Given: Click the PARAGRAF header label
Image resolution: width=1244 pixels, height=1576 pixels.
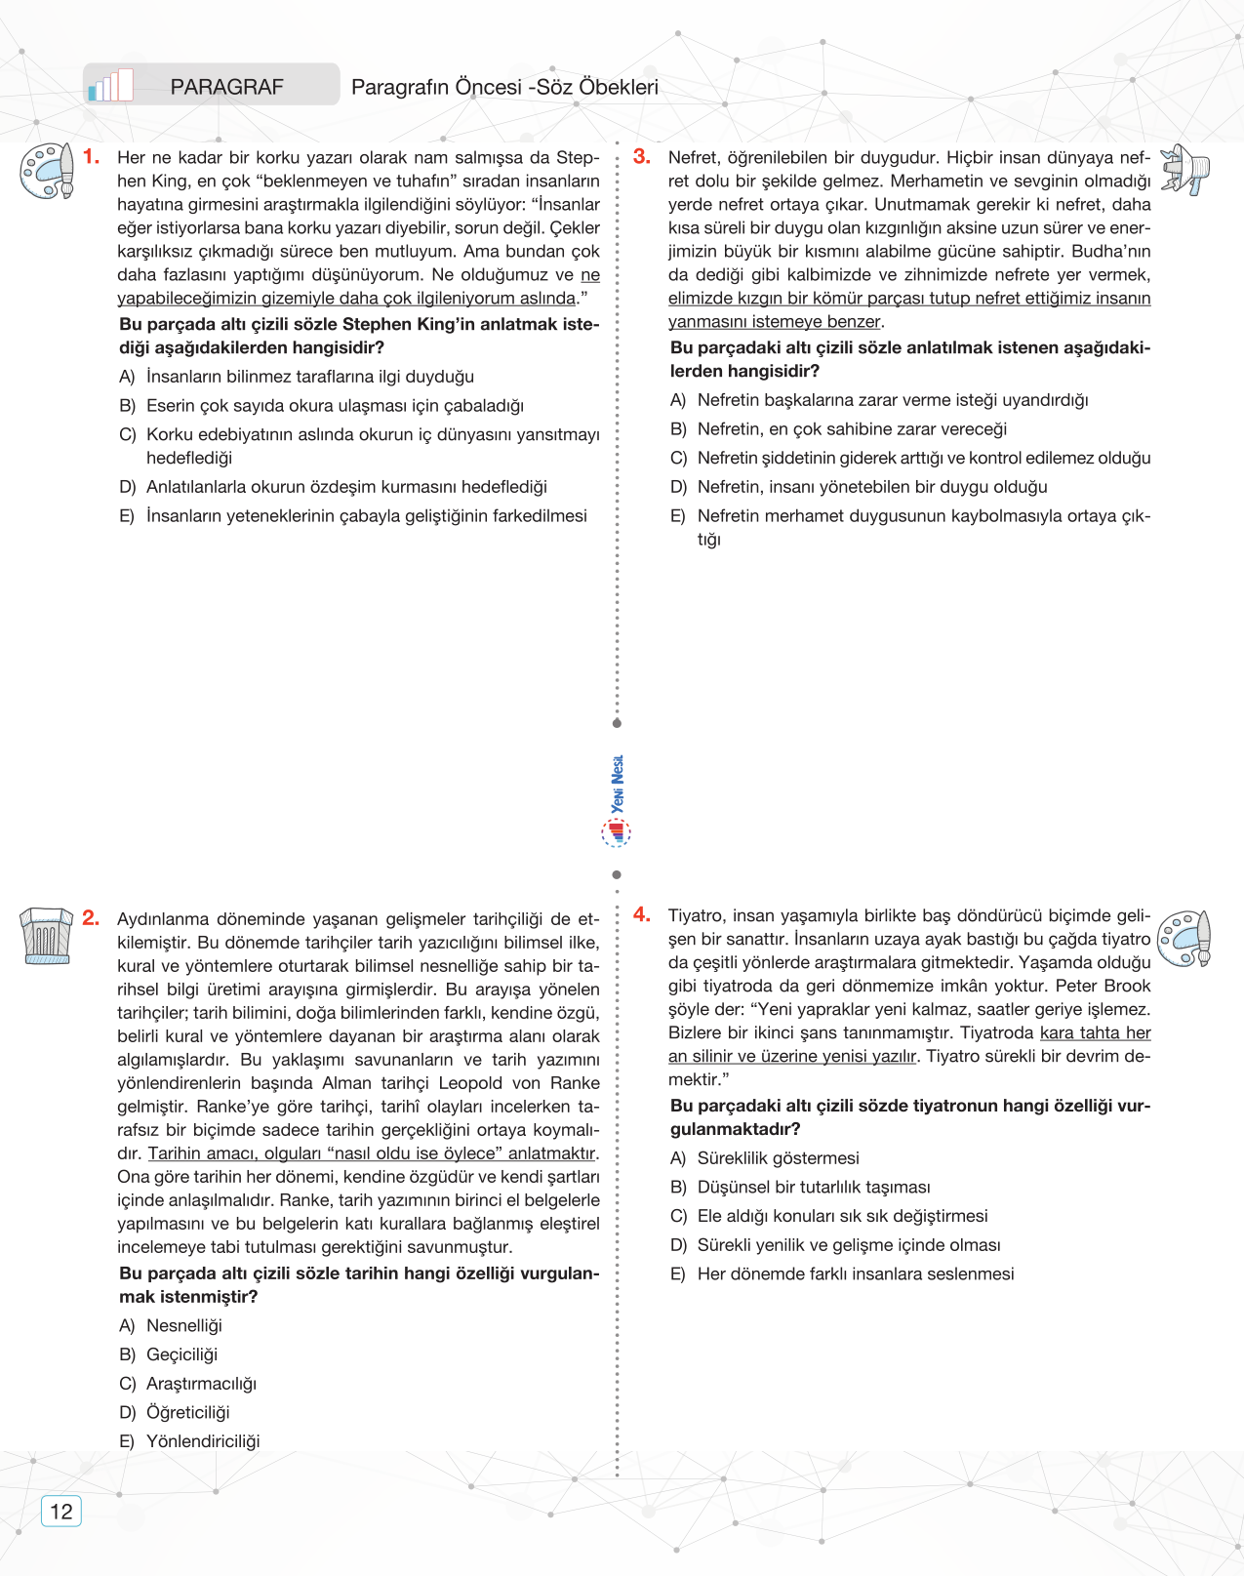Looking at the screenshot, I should pyautogui.click(x=226, y=87).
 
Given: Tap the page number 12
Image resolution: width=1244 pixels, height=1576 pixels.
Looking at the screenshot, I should pyautogui.click(x=60, y=1512).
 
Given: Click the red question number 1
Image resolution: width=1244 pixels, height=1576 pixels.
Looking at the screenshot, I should pyautogui.click(x=92, y=157).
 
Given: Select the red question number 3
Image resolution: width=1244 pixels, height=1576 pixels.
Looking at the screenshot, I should pyautogui.click(x=642, y=157).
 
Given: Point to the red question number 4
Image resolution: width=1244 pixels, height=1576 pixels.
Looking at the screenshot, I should pyautogui.click(x=642, y=915).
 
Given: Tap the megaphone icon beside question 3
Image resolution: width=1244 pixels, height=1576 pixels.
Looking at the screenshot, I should pyautogui.click(x=1185, y=170).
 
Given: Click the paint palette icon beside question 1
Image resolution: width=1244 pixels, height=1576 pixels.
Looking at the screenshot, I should pyautogui.click(x=47, y=172).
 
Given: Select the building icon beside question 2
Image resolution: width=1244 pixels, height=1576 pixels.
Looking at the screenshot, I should pyautogui.click(x=46, y=936).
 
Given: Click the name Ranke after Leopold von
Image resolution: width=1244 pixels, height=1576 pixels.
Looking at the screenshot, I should pyautogui.click(x=575, y=1083).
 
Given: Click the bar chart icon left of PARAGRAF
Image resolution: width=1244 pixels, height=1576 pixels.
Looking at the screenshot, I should pyautogui.click(x=110, y=86).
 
